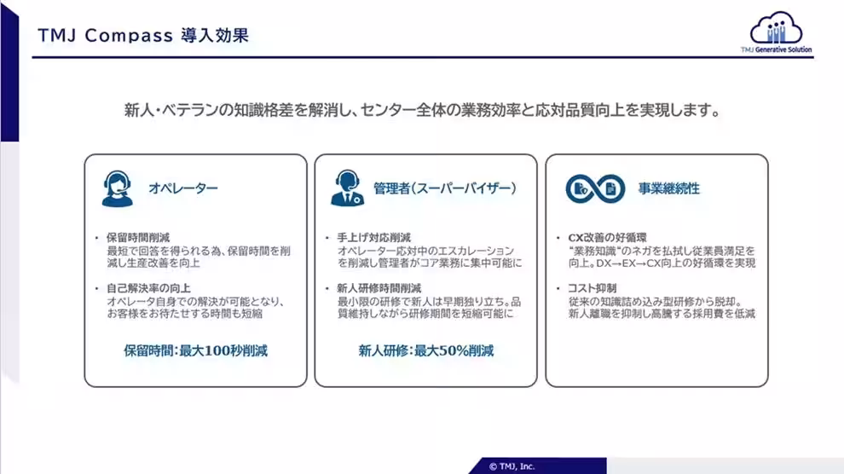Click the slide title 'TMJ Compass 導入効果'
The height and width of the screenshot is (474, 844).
144,37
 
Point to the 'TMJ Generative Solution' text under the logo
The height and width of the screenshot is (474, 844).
777,50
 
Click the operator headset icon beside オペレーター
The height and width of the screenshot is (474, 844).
117,188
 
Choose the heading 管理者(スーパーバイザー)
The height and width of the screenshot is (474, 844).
445,188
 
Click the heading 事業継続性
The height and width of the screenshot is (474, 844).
669,188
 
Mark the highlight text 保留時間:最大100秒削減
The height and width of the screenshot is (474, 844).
195,350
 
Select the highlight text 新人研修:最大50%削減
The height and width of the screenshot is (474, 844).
425,350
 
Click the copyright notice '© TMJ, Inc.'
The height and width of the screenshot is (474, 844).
512,466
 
